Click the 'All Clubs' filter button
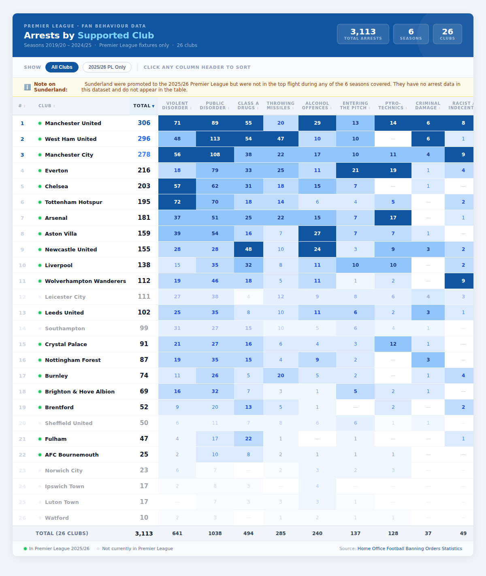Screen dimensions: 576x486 (x=62, y=67)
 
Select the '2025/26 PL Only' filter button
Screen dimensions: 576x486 (x=107, y=67)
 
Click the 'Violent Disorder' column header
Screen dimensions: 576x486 (x=177, y=106)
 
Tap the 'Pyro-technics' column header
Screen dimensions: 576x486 (x=393, y=106)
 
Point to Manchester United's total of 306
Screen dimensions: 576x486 (x=144, y=123)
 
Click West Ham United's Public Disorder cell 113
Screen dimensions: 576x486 (x=215, y=139)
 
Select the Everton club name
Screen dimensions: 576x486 (x=56, y=170)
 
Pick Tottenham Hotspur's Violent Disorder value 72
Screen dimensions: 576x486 (x=177, y=202)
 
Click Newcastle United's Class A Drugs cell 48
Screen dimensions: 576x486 (x=248, y=249)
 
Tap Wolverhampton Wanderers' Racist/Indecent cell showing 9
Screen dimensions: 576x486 (x=463, y=281)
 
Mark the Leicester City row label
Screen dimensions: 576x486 (x=65, y=297)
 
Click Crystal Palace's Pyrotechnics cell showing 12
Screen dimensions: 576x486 (x=393, y=344)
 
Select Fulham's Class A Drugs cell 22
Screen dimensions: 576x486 (x=248, y=439)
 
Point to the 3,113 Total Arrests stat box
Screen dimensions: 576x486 (x=363, y=34)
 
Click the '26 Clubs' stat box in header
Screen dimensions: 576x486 (x=447, y=34)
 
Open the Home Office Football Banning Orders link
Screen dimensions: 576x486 (x=409, y=548)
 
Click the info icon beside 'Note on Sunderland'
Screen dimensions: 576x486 (x=28, y=87)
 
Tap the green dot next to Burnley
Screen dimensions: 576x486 (x=40, y=376)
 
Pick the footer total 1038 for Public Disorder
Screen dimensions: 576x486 (x=215, y=533)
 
